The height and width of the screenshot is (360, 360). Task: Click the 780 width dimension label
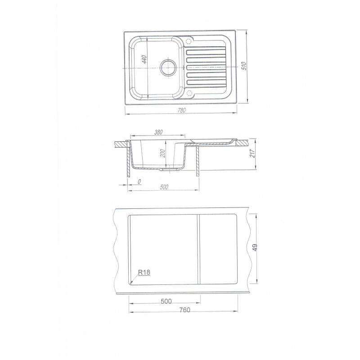pos(182,110)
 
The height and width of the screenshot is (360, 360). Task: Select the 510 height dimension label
pos(244,66)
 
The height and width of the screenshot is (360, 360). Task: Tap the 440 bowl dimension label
pos(144,59)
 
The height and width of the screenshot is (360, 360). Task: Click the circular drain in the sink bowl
pos(168,67)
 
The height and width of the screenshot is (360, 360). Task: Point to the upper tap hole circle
pos(189,41)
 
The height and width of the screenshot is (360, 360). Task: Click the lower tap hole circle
pos(189,93)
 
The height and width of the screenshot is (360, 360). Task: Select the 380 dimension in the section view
pos(158,132)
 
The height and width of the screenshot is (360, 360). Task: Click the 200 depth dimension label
pos(162,153)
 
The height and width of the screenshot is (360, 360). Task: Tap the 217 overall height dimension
pos(252,153)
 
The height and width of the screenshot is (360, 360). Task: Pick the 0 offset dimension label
pos(139,182)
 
